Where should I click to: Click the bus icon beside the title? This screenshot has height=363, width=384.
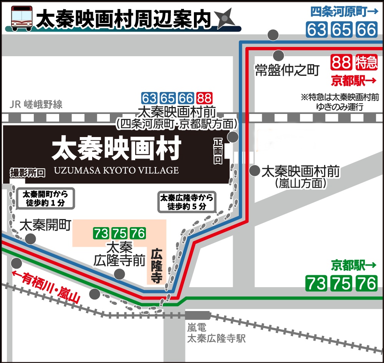21,18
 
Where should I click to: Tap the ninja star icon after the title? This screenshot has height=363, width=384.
224,19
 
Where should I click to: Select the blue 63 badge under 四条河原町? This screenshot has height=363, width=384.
316,30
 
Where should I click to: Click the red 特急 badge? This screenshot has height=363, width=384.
366,62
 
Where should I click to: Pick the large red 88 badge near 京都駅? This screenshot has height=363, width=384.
341,62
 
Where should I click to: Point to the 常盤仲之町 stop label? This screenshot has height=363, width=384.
287,70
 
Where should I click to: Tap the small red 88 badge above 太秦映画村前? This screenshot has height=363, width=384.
204,98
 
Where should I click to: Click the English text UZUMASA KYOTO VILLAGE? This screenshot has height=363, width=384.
116,170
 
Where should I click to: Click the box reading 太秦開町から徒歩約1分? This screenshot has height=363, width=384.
45,198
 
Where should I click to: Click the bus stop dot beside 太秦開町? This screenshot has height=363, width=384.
30,239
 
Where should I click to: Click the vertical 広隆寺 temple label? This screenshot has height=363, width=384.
156,266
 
